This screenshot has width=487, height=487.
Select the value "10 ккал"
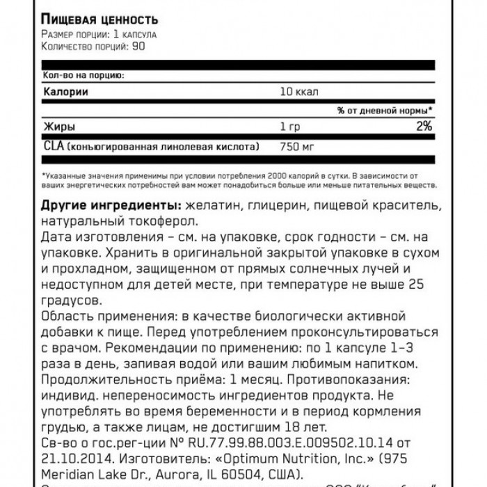295,92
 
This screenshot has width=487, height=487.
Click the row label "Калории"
66,92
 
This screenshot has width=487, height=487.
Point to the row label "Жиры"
59,127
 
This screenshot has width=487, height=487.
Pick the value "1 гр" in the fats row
286,127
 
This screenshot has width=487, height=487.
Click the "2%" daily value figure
423,127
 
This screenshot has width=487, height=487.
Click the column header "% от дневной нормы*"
385,110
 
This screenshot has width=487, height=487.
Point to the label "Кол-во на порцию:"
82,74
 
